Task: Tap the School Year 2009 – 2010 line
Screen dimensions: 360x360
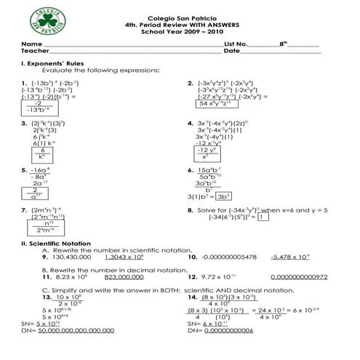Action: (180, 32)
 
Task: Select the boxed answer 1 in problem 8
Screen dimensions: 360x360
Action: (263, 216)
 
